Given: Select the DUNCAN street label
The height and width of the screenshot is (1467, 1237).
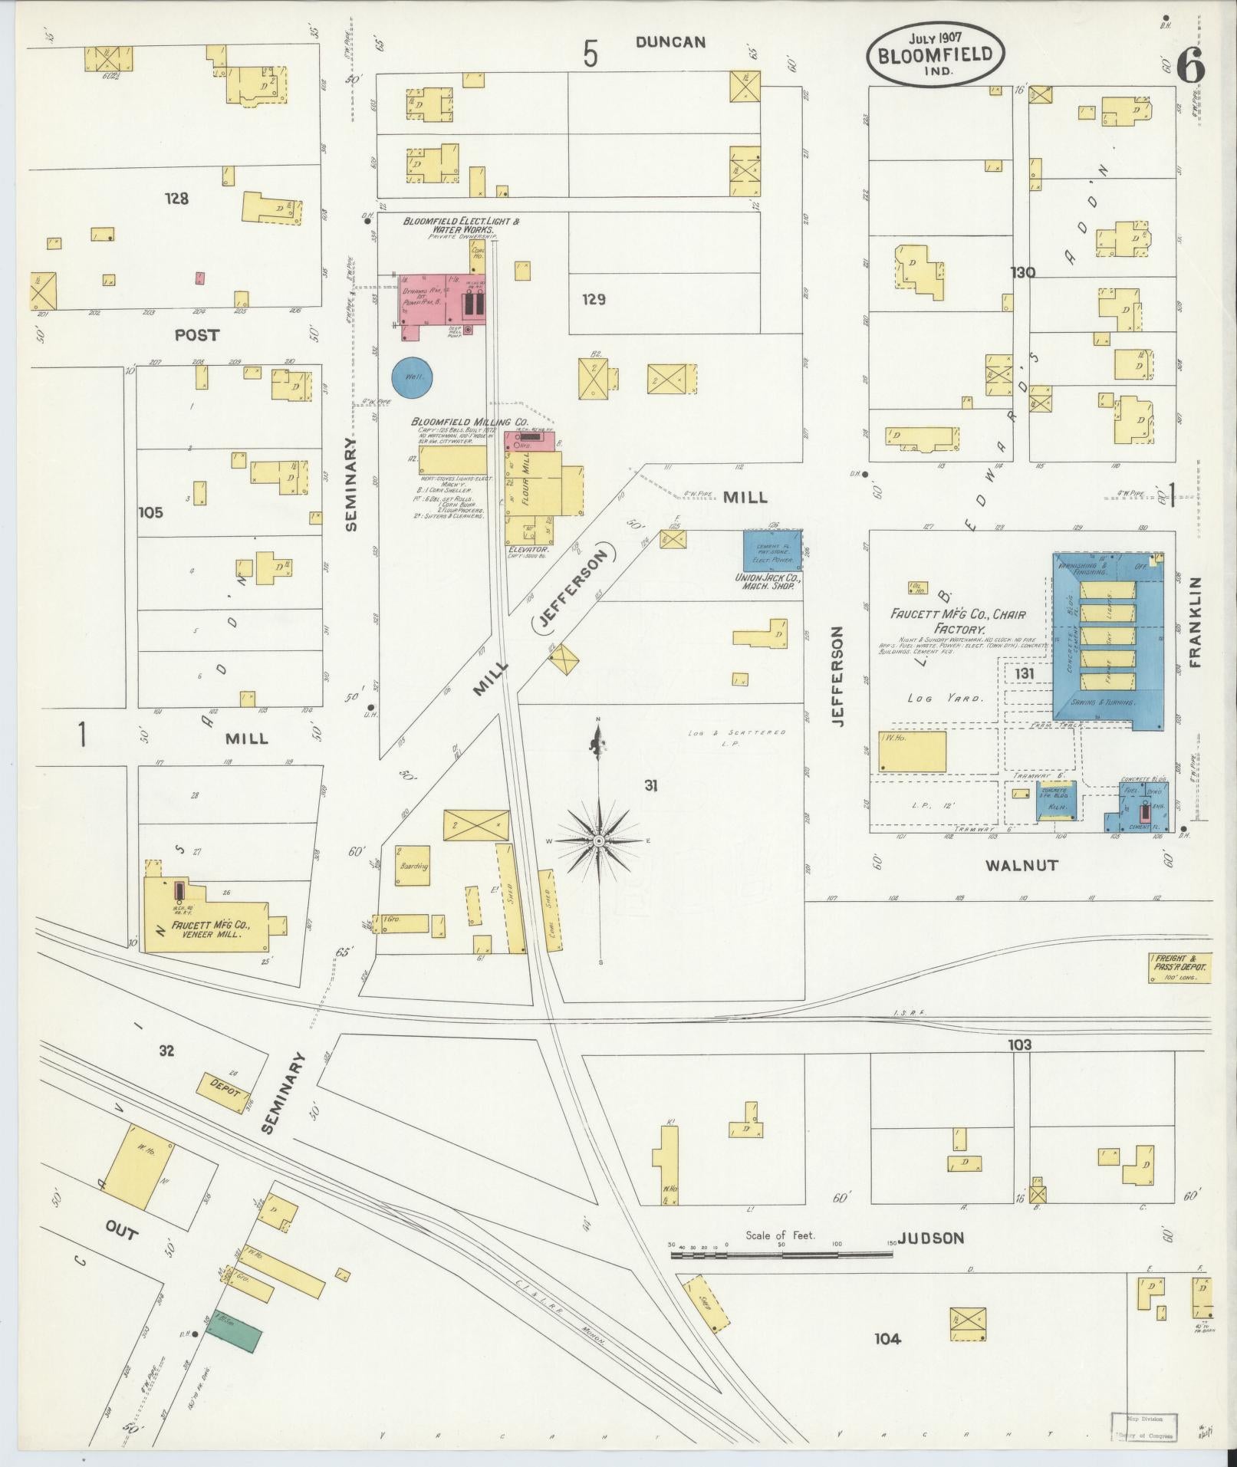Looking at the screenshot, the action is [x=670, y=43].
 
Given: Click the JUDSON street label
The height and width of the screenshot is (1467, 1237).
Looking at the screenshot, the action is [x=930, y=1238].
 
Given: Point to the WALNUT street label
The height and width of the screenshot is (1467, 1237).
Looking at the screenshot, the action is [x=1021, y=865].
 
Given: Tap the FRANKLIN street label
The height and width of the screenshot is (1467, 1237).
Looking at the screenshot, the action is [x=1197, y=624].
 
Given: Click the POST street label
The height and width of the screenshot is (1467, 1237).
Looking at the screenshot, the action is [x=196, y=335].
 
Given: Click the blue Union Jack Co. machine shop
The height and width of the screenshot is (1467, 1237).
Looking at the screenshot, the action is [x=773, y=550].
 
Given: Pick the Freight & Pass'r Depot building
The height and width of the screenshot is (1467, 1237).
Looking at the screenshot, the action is [x=1179, y=969].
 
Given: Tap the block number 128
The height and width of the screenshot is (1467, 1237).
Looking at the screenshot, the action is [x=176, y=199].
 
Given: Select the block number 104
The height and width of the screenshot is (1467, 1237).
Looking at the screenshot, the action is [x=887, y=1339].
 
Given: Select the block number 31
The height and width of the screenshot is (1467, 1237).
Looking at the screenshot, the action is [x=651, y=785].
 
